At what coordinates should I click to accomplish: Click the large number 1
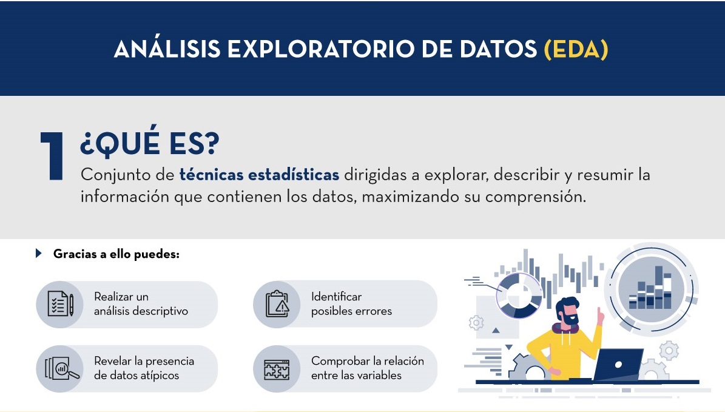click(x=53, y=157)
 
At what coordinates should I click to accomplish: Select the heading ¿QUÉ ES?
click(x=149, y=144)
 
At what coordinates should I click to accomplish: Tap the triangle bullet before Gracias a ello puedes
click(x=39, y=254)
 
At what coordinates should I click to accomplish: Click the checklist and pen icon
click(x=60, y=304)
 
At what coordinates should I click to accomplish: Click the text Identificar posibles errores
click(x=351, y=304)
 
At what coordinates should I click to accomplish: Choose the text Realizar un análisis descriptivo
click(x=141, y=304)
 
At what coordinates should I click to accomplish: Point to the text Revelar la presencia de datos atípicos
click(x=144, y=368)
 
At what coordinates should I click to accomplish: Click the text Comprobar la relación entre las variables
click(x=367, y=368)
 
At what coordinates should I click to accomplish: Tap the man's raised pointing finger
click(x=600, y=315)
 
